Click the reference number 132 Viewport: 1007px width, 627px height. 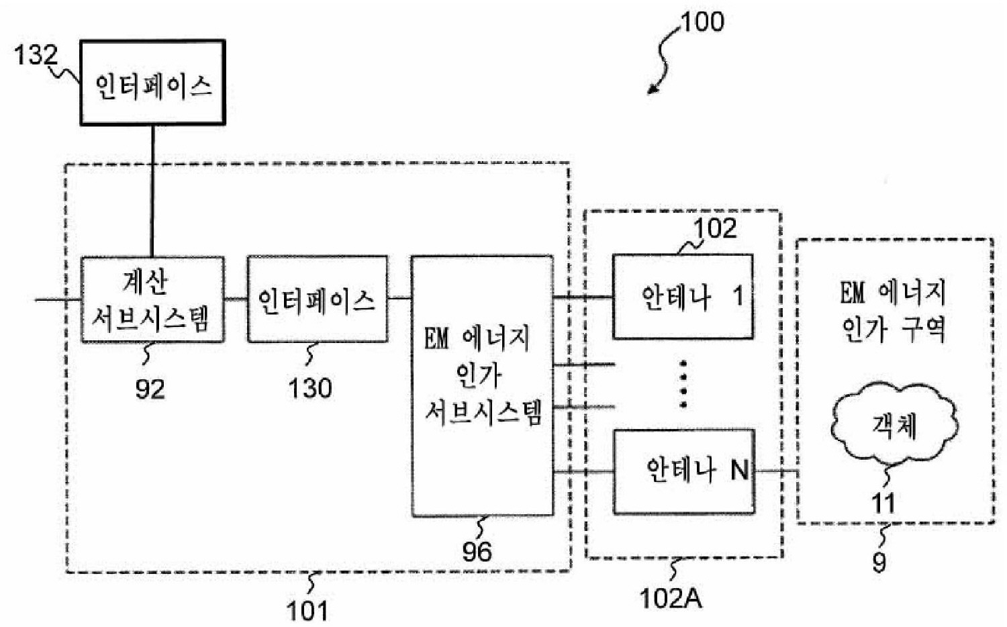coord(36,55)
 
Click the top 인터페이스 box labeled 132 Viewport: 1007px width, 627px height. coord(152,83)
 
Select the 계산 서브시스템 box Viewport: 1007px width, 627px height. coord(152,299)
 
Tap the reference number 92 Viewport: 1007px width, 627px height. coord(150,389)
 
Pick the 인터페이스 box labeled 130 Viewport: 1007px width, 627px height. coord(317,299)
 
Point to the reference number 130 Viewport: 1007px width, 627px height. coord(310,389)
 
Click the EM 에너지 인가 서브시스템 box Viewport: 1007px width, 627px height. coord(482,385)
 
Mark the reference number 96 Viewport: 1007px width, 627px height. coord(477,552)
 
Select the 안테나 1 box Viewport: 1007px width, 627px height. coord(683,296)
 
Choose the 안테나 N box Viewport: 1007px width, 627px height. coord(684,471)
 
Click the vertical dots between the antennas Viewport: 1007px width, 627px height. coord(683,384)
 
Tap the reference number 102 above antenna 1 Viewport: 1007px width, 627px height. coord(715,229)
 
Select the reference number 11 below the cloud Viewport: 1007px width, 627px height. coord(883,503)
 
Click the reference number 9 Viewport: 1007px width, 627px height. coord(879,562)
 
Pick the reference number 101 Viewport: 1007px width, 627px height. coord(307,611)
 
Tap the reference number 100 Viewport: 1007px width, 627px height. coord(702,22)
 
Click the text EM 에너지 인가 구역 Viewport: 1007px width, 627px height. coord(894,311)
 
